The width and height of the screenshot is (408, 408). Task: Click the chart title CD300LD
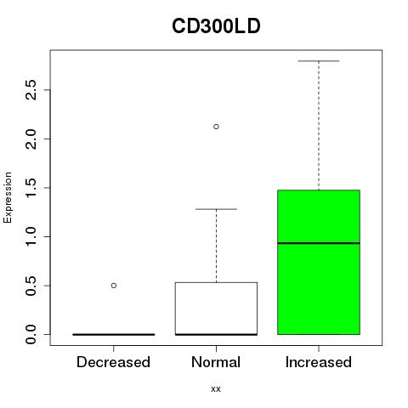(x=216, y=26)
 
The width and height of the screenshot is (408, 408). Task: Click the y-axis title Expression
(x=8, y=197)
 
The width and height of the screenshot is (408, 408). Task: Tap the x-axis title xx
(x=216, y=388)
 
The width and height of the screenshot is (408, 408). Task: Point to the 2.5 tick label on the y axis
(x=31, y=90)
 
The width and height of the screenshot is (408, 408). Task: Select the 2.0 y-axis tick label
(x=31, y=139)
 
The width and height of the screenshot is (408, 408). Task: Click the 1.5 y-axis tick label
(x=31, y=188)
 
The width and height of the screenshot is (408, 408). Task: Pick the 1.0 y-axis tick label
(x=31, y=236)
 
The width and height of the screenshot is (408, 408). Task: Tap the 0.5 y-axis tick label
(x=31, y=286)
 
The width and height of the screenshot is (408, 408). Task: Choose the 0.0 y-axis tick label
(x=31, y=334)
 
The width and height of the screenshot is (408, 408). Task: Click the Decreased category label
(x=113, y=362)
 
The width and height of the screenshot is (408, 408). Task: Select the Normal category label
(x=216, y=362)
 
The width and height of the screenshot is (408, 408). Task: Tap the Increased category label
(x=319, y=362)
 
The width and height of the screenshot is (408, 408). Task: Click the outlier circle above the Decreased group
(x=114, y=286)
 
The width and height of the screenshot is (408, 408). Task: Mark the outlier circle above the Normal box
(x=216, y=127)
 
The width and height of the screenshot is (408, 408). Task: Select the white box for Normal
(x=216, y=309)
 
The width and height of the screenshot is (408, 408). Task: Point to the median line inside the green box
(x=319, y=243)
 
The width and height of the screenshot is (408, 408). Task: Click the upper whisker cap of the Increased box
(x=319, y=61)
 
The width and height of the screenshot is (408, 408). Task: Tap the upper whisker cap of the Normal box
(x=216, y=209)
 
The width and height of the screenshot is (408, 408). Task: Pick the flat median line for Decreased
(x=114, y=335)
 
